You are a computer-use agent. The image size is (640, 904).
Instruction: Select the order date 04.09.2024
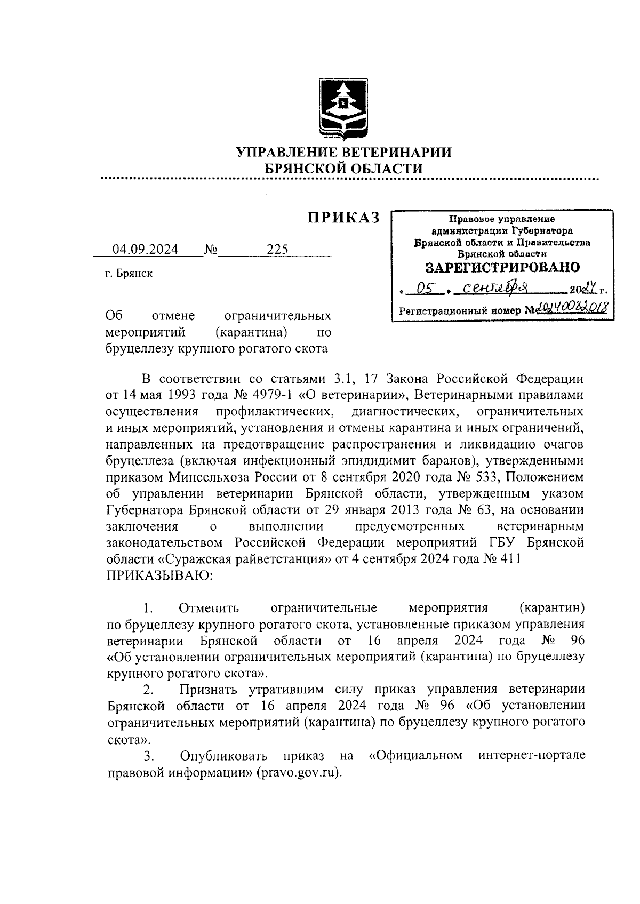click(x=145, y=249)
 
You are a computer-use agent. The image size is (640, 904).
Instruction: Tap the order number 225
click(x=277, y=249)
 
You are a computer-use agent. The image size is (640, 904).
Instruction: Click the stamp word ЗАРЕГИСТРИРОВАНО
click(x=502, y=267)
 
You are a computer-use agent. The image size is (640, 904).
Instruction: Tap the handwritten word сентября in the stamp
click(x=495, y=289)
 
